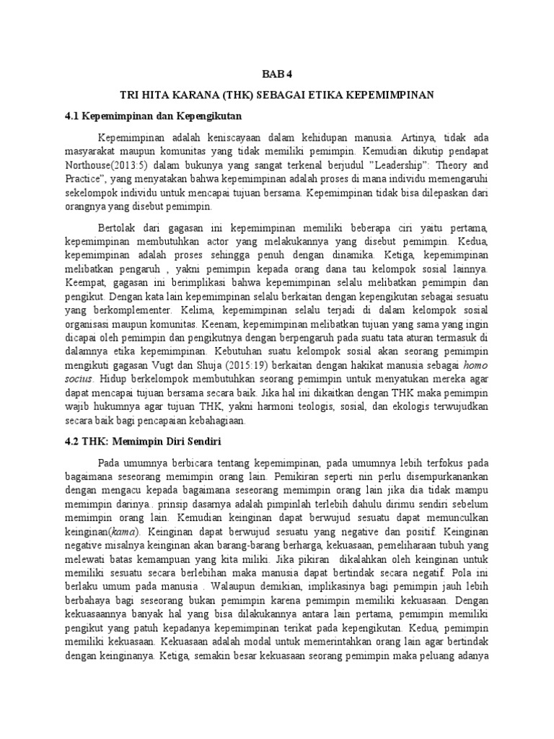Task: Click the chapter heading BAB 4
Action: [276, 74]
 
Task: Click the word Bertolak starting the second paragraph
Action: [122, 227]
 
